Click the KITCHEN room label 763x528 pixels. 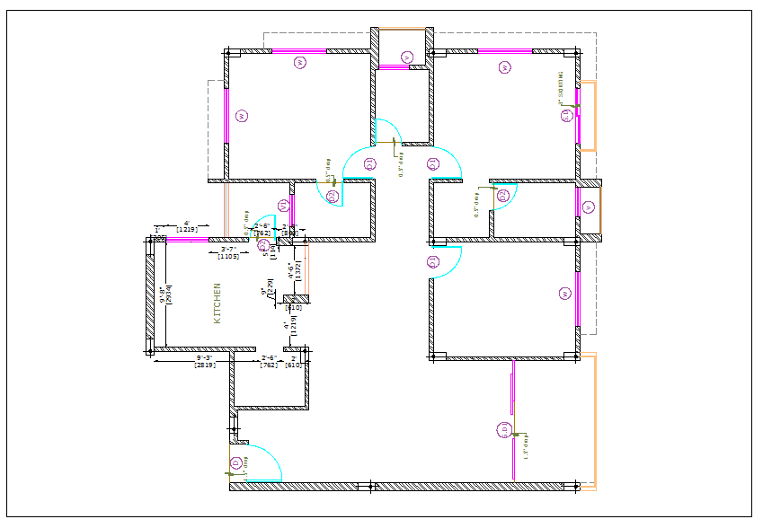216,303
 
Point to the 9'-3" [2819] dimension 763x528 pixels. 204,362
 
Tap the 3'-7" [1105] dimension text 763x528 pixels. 228,253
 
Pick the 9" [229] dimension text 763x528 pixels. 267,288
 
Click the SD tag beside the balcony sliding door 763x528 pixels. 503,430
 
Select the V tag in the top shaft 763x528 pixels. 406,57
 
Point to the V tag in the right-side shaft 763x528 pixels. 588,207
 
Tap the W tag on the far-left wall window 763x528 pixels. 241,116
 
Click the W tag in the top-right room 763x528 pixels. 504,66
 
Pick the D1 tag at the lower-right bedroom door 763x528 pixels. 432,261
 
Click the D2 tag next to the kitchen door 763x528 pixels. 263,244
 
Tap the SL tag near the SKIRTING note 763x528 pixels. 566,115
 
